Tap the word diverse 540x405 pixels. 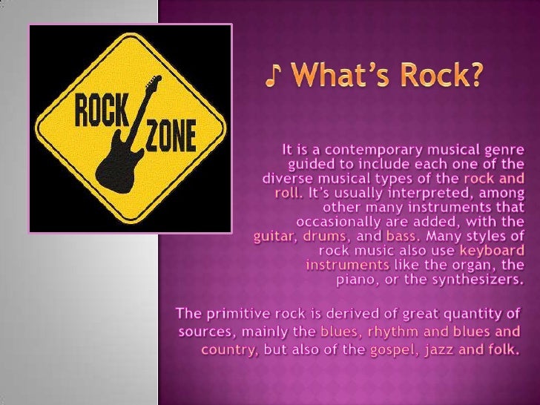point(287,180)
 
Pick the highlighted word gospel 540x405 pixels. point(393,349)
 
